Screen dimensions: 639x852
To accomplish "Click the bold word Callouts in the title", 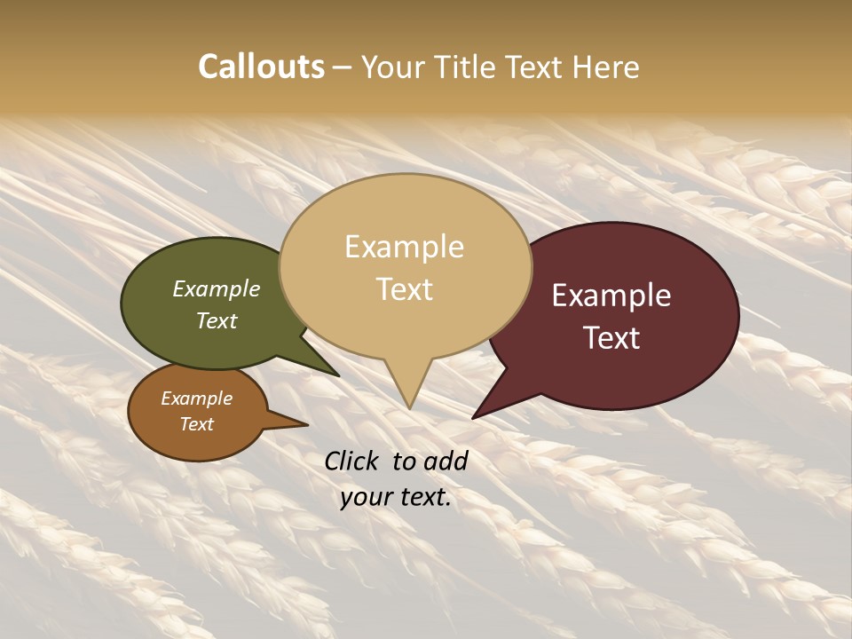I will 261,67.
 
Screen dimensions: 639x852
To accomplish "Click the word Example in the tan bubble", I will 404,247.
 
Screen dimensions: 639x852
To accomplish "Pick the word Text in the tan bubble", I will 404,289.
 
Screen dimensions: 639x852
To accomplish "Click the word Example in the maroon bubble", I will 611,296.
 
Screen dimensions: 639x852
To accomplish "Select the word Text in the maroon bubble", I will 611,338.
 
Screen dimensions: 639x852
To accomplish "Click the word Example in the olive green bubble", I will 216,289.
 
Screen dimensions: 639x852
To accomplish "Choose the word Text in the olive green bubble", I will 216,321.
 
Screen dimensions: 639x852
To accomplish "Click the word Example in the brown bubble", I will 196,398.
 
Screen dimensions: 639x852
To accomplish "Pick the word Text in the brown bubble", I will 196,424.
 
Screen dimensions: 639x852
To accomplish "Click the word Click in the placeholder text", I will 352,461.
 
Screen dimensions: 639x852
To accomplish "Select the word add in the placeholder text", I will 446,461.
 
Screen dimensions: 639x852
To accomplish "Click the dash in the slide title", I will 343,67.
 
